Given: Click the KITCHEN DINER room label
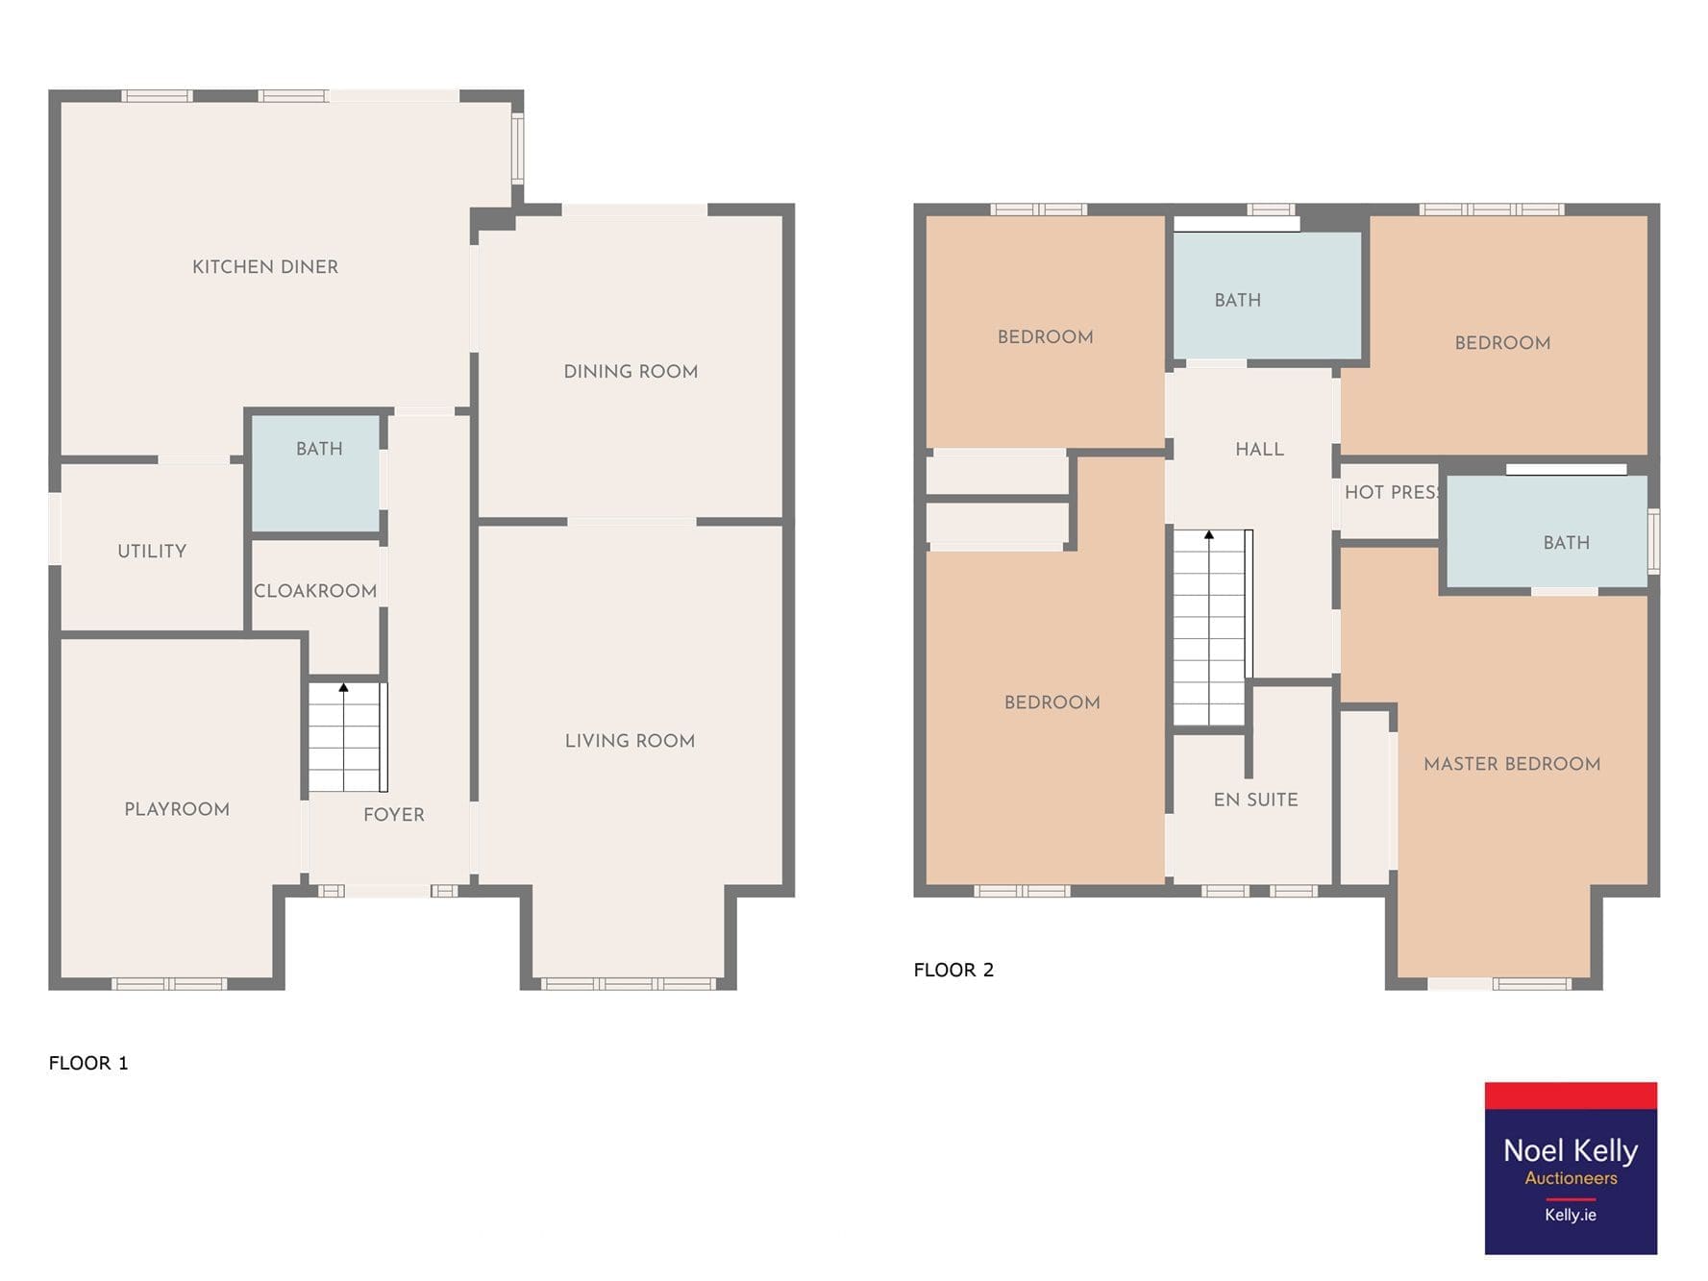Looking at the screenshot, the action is [x=265, y=267].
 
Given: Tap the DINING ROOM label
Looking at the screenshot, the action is [x=631, y=372].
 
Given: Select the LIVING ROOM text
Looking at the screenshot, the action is [x=630, y=741].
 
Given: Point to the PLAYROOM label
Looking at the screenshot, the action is [x=177, y=809].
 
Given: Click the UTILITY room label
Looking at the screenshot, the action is [x=152, y=552].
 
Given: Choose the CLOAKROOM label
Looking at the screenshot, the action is [x=315, y=591].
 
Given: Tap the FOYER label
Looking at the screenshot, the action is [x=394, y=815].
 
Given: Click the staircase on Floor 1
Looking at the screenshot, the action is [x=347, y=737].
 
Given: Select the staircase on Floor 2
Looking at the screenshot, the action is [x=1212, y=628].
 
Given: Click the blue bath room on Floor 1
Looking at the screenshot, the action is [x=315, y=473].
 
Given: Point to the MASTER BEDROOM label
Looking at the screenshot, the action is [x=1512, y=764].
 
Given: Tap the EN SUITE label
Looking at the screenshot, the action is [x=1255, y=800].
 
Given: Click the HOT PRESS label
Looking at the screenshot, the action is [x=1391, y=492].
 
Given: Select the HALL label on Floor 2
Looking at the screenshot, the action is [x=1259, y=449].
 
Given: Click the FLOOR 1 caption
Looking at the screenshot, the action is [x=88, y=1063].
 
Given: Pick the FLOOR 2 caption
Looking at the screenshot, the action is [x=953, y=970].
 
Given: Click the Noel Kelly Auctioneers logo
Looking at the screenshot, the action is [x=1571, y=1168].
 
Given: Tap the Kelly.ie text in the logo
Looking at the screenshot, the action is [x=1571, y=1215].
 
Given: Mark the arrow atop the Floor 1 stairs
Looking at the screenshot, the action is [x=343, y=687].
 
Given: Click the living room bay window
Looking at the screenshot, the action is [x=629, y=984].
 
